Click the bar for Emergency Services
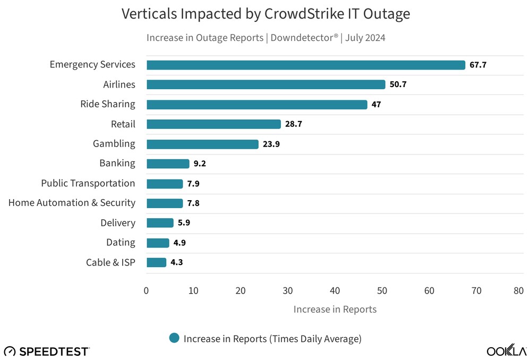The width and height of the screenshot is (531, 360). pos(305,65)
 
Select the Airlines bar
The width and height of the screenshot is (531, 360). pos(265,84)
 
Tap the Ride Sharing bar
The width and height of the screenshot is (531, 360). pos(256,105)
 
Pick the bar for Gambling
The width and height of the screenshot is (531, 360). pos(202,144)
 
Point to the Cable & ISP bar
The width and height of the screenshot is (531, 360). pos(156,262)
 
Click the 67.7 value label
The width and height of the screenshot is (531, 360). pos(478,65)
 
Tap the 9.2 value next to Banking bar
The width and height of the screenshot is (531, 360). pos(200,164)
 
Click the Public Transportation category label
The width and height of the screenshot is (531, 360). pos(88,183)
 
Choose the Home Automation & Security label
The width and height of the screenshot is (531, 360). pos(72,203)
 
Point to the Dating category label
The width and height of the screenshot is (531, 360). pos(121,243)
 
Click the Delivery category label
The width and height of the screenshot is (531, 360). pos(118,223)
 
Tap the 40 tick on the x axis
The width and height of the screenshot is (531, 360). pos(335,291)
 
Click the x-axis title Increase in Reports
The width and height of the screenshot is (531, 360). pos(335,310)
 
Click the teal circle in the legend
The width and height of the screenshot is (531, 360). pos(174,338)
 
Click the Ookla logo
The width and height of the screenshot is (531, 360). pos(507,351)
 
